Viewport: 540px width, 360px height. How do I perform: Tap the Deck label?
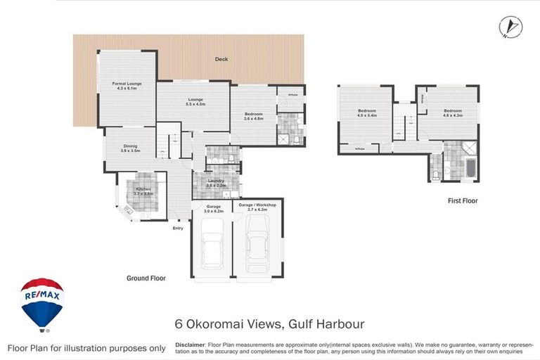pos(221,59)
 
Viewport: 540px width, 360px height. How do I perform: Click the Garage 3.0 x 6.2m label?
pos(213,209)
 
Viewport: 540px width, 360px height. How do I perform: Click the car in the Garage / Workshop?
pos(257,245)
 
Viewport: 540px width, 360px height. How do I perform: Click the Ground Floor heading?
pos(146,278)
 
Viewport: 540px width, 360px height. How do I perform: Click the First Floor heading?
pos(463,201)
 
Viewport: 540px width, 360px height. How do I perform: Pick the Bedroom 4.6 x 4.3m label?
pos(452,112)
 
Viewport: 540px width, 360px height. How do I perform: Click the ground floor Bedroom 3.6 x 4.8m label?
pos(253,116)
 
